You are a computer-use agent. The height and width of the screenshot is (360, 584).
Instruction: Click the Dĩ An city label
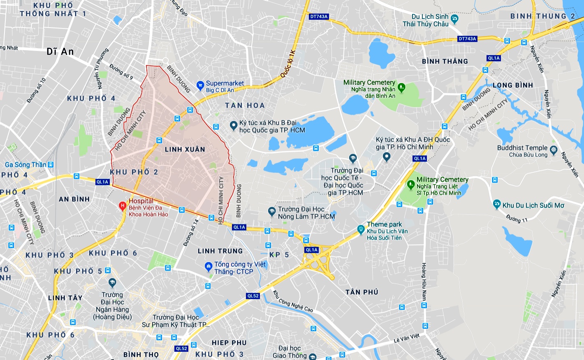60,51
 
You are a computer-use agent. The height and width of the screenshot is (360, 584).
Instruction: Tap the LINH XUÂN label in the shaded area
185,149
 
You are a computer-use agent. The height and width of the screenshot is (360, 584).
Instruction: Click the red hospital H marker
122,206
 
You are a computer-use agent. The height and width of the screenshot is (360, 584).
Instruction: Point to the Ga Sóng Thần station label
25,165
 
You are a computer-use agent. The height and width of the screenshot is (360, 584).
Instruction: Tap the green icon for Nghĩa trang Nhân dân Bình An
401,87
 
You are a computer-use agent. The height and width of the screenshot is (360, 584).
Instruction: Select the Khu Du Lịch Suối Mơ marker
496,204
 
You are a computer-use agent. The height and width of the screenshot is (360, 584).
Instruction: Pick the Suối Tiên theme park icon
361,229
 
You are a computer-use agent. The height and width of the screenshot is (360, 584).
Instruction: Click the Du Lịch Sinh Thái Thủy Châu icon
454,18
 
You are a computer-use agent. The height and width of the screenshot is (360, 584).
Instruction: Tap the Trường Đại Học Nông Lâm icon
271,212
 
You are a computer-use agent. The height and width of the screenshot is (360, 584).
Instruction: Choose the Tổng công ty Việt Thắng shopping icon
209,267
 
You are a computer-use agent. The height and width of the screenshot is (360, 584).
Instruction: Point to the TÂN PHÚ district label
362,292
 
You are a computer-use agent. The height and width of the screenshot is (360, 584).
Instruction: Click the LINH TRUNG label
220,251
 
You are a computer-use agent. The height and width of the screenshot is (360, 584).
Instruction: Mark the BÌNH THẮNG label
445,61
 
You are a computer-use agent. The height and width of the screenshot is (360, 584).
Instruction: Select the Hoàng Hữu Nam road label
424,282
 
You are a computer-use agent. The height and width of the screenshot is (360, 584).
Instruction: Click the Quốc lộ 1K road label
288,64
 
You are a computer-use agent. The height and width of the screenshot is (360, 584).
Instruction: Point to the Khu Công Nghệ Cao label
293,301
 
